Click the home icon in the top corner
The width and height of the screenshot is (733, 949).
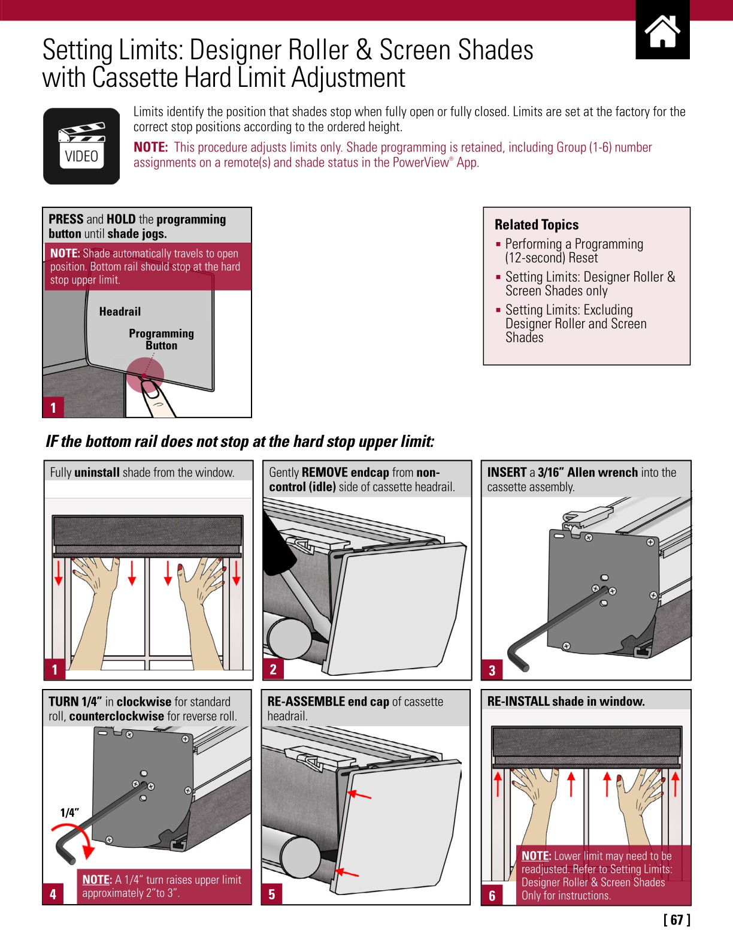(662, 31)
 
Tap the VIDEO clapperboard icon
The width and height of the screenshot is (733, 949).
(81, 146)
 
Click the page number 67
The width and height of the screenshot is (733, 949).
(677, 920)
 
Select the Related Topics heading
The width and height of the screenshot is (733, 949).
(537, 225)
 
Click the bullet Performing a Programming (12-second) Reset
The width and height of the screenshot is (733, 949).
(574, 251)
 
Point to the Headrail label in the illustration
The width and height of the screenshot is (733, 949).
(120, 312)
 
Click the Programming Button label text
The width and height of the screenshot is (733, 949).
(161, 339)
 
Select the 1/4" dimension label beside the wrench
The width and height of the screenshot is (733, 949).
(69, 813)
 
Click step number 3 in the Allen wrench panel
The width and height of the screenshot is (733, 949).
(492, 670)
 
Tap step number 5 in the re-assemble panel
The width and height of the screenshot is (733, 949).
(272, 894)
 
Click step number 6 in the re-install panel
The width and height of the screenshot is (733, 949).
(492, 896)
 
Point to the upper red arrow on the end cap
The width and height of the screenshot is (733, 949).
(359, 795)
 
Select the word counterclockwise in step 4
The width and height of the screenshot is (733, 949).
(116, 716)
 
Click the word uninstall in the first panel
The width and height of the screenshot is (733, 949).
(97, 472)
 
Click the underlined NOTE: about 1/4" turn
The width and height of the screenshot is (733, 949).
(97, 880)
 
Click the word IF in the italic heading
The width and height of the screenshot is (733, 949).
(52, 442)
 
